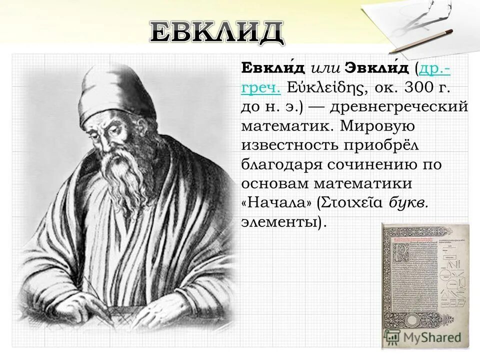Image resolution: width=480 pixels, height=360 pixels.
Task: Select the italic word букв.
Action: (405, 202)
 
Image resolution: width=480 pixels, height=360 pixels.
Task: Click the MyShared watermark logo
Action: (430, 336)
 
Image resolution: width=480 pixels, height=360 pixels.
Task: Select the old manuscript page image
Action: (425, 285)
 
